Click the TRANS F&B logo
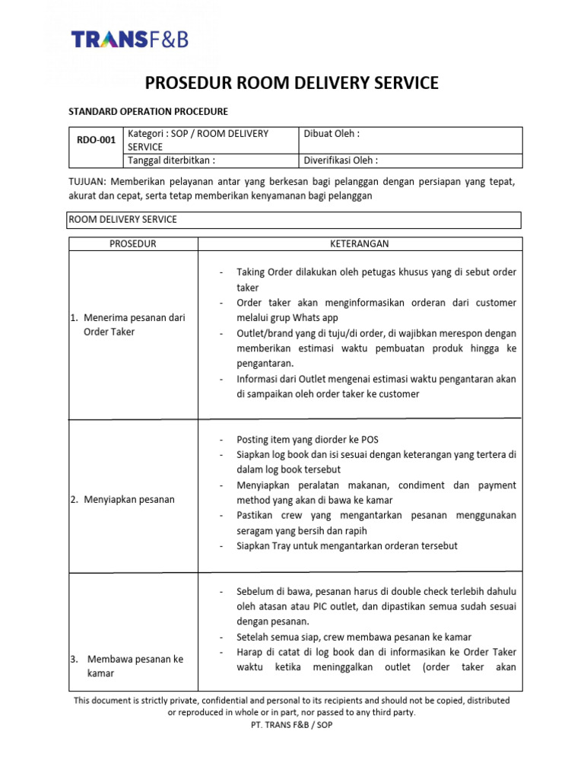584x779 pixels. click(129, 39)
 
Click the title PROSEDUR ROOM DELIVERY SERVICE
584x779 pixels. click(291, 83)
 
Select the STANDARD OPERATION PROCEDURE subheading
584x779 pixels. click(148, 111)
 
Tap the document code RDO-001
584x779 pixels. click(97, 140)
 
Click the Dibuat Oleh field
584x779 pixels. click(332, 133)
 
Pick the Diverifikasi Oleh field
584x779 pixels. click(341, 161)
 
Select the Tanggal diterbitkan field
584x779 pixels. click(172, 161)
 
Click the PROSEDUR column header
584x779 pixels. click(133, 243)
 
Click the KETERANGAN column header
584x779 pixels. click(360, 243)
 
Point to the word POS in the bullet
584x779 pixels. click(369, 440)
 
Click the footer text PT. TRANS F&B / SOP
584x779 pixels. click(291, 725)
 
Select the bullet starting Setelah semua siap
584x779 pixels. click(354, 637)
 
